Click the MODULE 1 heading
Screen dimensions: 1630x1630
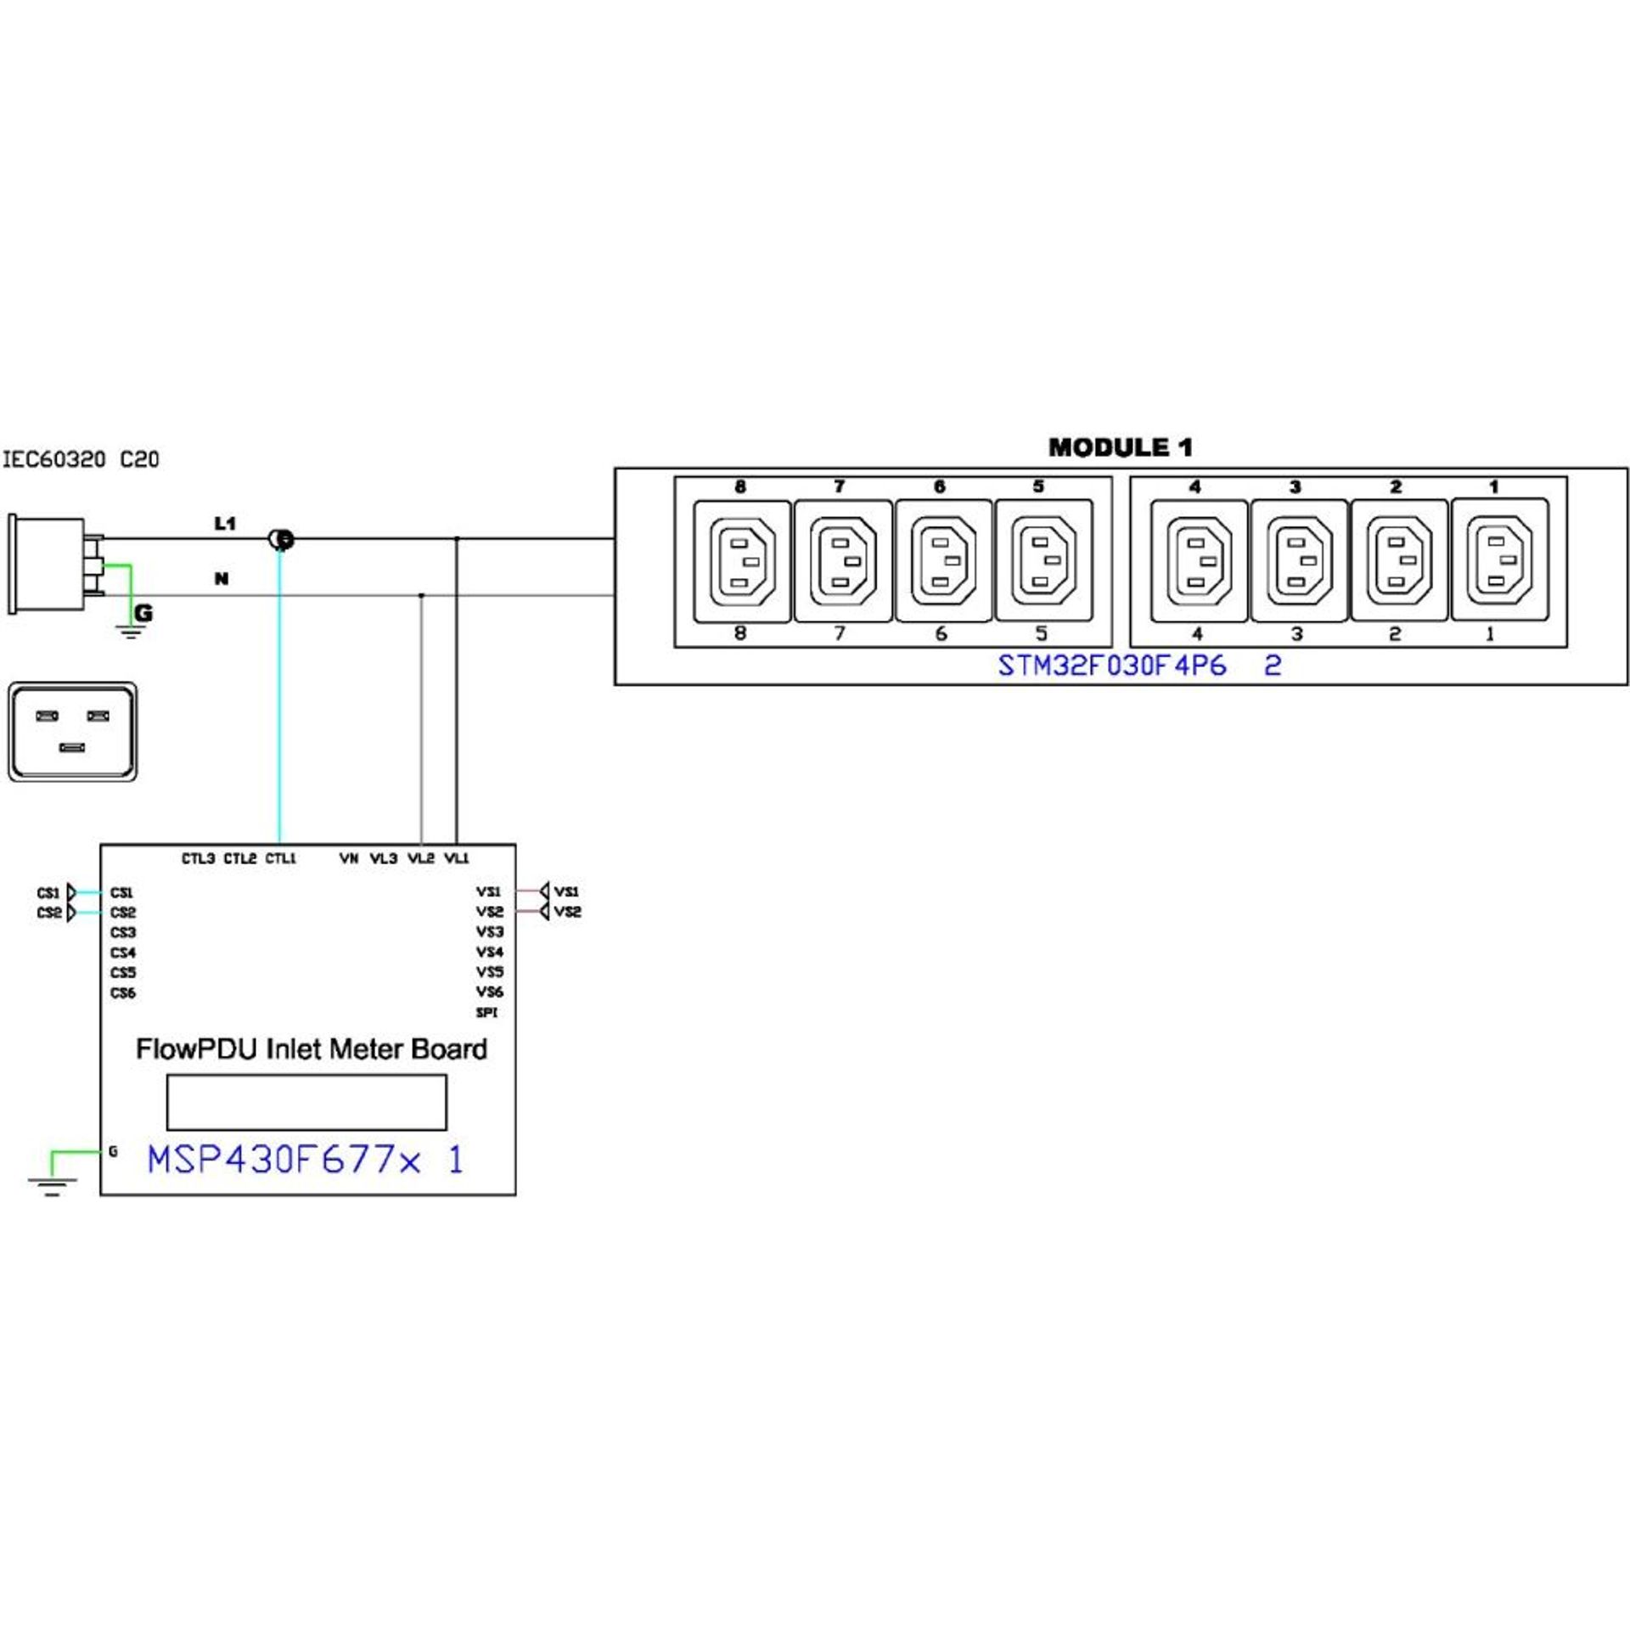coord(1120,447)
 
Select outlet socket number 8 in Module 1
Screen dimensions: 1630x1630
coord(742,561)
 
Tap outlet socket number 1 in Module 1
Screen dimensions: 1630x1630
coord(1500,559)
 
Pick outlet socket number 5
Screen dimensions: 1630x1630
coord(1043,561)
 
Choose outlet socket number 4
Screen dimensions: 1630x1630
coord(1198,561)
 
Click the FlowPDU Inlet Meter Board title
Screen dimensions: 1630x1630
coord(312,1049)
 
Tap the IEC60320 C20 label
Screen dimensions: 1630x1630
coord(81,460)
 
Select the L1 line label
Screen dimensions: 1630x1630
coord(225,524)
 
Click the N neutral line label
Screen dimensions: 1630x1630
coord(222,579)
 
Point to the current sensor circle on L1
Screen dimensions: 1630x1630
coord(281,539)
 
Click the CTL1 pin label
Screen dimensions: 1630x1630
coord(281,858)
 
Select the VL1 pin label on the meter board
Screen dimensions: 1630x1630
coord(457,858)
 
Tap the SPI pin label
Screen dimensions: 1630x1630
coord(487,1013)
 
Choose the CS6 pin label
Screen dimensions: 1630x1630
coord(123,992)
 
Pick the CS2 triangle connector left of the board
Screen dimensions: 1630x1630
coord(70,913)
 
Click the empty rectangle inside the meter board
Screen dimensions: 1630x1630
coord(306,1102)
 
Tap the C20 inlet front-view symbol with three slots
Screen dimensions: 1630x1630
coord(73,732)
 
